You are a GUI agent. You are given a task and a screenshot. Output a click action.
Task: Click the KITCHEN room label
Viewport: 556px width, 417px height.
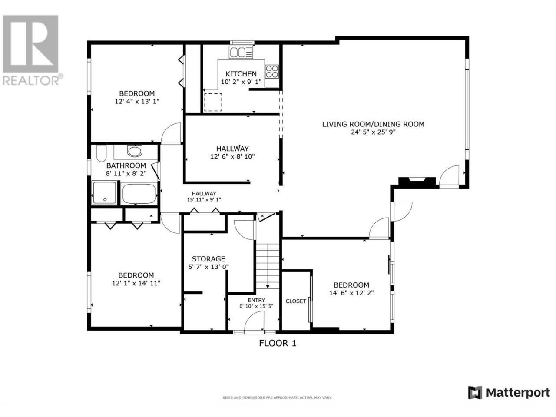(241, 74)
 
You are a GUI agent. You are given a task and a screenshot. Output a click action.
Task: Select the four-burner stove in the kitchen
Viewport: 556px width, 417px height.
(272, 71)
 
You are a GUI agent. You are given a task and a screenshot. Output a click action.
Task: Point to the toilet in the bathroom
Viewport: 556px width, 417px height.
(101, 153)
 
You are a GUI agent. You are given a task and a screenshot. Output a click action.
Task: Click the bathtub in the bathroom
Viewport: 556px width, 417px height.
(139, 194)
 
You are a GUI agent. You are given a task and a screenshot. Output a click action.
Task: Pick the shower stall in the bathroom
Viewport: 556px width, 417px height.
(105, 193)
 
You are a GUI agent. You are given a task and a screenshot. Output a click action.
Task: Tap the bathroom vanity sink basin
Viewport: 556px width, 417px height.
(135, 151)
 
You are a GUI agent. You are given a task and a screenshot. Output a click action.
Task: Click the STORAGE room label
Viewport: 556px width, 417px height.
(208, 259)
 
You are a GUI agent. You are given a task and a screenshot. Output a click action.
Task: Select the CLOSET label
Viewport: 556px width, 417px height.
(296, 301)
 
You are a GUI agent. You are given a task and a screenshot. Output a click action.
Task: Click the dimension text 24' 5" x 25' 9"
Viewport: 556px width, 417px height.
(373, 132)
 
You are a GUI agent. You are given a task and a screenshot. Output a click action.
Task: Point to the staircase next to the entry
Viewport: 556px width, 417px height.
(268, 266)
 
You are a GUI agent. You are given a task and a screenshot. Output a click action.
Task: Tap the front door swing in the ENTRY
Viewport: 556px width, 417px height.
(254, 321)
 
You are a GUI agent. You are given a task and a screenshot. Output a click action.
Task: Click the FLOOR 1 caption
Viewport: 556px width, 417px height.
(278, 343)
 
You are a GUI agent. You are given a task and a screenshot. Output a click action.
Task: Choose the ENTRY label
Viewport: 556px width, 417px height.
(256, 300)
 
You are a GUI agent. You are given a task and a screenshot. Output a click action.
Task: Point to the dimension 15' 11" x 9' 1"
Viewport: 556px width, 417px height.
(204, 199)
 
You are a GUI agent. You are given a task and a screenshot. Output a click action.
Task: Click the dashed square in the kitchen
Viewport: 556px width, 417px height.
(213, 102)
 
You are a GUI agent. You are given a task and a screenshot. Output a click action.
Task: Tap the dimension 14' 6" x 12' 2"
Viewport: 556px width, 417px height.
(351, 293)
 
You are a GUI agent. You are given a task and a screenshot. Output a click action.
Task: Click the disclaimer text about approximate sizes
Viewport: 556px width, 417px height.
(277, 398)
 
